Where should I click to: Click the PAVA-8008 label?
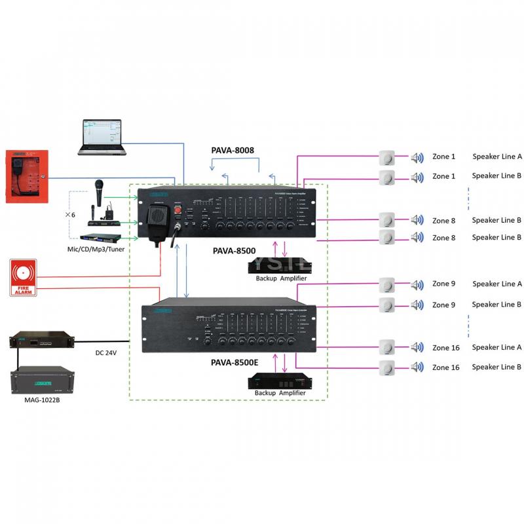point(233,150)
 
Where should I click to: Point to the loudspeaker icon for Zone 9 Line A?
point(417,284)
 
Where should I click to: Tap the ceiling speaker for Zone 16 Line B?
point(388,367)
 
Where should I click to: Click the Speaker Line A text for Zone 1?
point(496,157)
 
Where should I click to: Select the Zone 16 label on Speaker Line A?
point(445,347)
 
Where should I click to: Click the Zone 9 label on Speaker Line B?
point(443,305)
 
